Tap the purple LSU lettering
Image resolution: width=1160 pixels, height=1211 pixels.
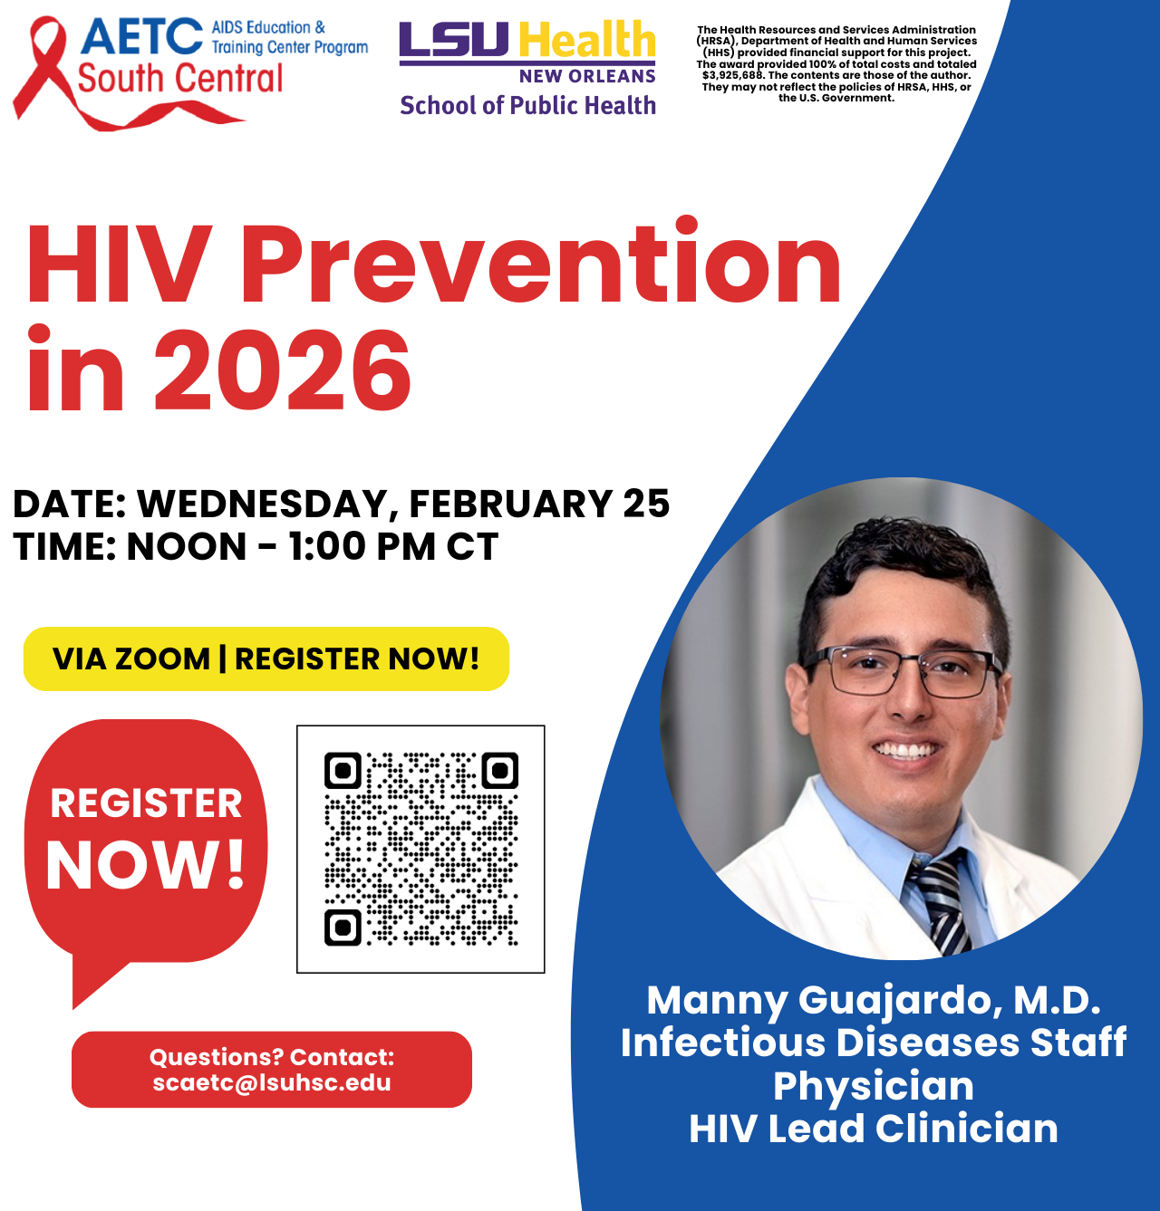(x=453, y=40)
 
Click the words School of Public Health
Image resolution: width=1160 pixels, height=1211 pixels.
(x=527, y=106)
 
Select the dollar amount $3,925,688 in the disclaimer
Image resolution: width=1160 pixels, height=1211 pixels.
(x=733, y=76)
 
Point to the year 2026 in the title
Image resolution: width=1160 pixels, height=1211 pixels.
(x=282, y=371)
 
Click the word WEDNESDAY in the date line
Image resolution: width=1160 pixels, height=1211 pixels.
(x=263, y=505)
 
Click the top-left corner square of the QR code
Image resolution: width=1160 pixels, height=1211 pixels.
(x=343, y=771)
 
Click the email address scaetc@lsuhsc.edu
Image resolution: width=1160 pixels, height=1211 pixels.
(x=272, y=1083)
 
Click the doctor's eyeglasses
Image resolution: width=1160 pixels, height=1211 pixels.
(x=902, y=671)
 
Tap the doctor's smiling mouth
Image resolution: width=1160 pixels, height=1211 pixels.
(x=906, y=750)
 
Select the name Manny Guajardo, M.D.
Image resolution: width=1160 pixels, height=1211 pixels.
(x=874, y=1001)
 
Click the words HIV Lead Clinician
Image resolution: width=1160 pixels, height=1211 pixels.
(x=874, y=1129)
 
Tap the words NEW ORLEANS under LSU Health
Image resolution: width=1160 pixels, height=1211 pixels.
(x=587, y=76)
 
